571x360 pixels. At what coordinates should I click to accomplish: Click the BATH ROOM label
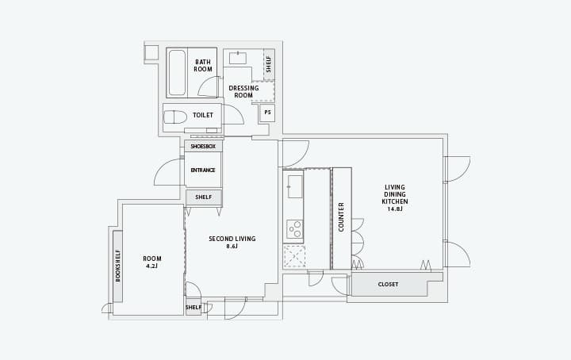point(203,66)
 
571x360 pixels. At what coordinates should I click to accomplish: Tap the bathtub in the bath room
point(177,73)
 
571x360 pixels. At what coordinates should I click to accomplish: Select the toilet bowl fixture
point(174,117)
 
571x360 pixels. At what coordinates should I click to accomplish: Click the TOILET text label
point(203,115)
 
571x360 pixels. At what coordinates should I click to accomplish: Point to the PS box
point(268,113)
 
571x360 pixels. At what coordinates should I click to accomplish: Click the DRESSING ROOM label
point(243,91)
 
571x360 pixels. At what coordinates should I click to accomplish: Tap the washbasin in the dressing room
point(238,58)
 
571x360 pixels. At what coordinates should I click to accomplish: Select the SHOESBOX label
point(203,147)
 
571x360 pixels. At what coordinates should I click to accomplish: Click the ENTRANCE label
point(203,170)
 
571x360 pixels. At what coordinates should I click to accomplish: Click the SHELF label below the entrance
point(204,197)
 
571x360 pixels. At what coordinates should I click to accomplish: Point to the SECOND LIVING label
point(232,239)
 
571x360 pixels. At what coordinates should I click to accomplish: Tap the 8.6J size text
point(232,246)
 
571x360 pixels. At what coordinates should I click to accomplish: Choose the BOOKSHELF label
point(117,266)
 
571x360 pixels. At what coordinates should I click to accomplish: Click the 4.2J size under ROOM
point(151,266)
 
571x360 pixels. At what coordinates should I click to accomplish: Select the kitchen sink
point(295,186)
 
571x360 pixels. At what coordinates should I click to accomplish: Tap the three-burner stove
point(295,229)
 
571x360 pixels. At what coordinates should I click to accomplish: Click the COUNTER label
point(341,217)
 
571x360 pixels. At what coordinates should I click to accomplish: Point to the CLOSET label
point(388,285)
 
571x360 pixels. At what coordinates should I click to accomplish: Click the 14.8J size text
point(395,209)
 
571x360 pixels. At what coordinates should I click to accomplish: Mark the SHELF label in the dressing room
point(269,64)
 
